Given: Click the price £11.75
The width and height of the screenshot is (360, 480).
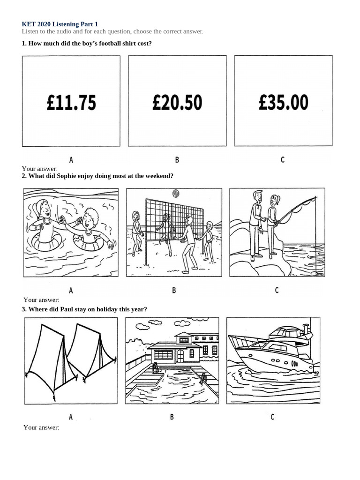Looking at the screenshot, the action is [71, 102].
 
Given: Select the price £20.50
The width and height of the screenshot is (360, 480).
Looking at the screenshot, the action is [177, 102].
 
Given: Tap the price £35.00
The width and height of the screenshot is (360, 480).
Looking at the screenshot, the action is [284, 102].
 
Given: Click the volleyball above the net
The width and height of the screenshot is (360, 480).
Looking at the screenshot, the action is [176, 194].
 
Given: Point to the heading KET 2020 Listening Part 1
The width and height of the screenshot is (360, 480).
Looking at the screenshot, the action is [60, 24].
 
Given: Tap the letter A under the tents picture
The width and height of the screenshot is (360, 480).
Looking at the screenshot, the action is [71, 417].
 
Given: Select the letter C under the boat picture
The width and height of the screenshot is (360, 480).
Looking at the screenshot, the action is [272, 417].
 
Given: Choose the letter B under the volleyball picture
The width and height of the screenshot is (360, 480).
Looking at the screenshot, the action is [174, 290].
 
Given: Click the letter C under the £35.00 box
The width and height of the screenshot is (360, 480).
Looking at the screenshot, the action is [283, 159].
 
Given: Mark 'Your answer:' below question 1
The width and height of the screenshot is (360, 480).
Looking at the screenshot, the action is [39, 169].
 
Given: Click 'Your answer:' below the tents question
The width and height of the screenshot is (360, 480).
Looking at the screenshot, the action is [41, 427].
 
